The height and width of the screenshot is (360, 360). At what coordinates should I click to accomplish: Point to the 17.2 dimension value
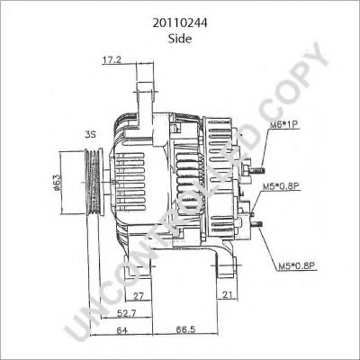[x=112, y=60]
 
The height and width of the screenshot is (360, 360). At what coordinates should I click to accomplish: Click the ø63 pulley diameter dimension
[x=58, y=180]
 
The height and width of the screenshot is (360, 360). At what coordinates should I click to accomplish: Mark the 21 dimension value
[x=229, y=295]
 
